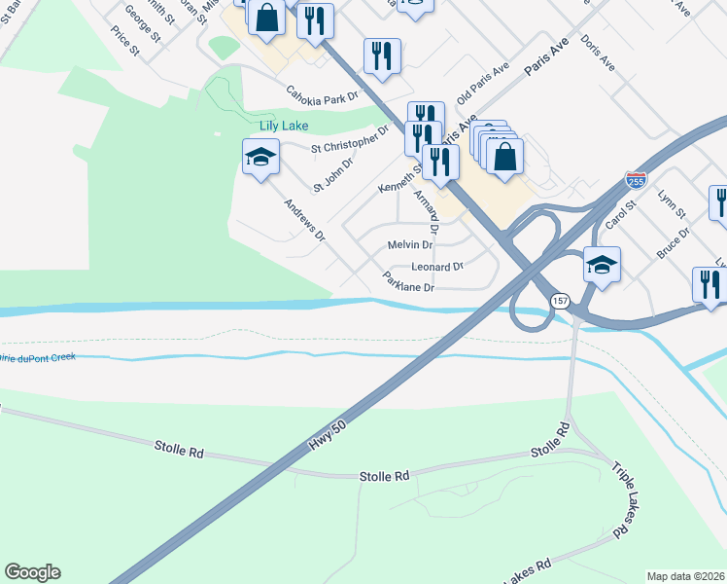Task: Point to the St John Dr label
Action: click(x=332, y=174)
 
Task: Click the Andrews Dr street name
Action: click(x=304, y=220)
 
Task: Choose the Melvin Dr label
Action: click(x=409, y=245)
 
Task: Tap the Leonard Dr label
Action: click(x=437, y=267)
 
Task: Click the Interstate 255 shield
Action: click(x=636, y=180)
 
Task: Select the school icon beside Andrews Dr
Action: click(x=260, y=159)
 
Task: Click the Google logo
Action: click(x=32, y=572)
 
